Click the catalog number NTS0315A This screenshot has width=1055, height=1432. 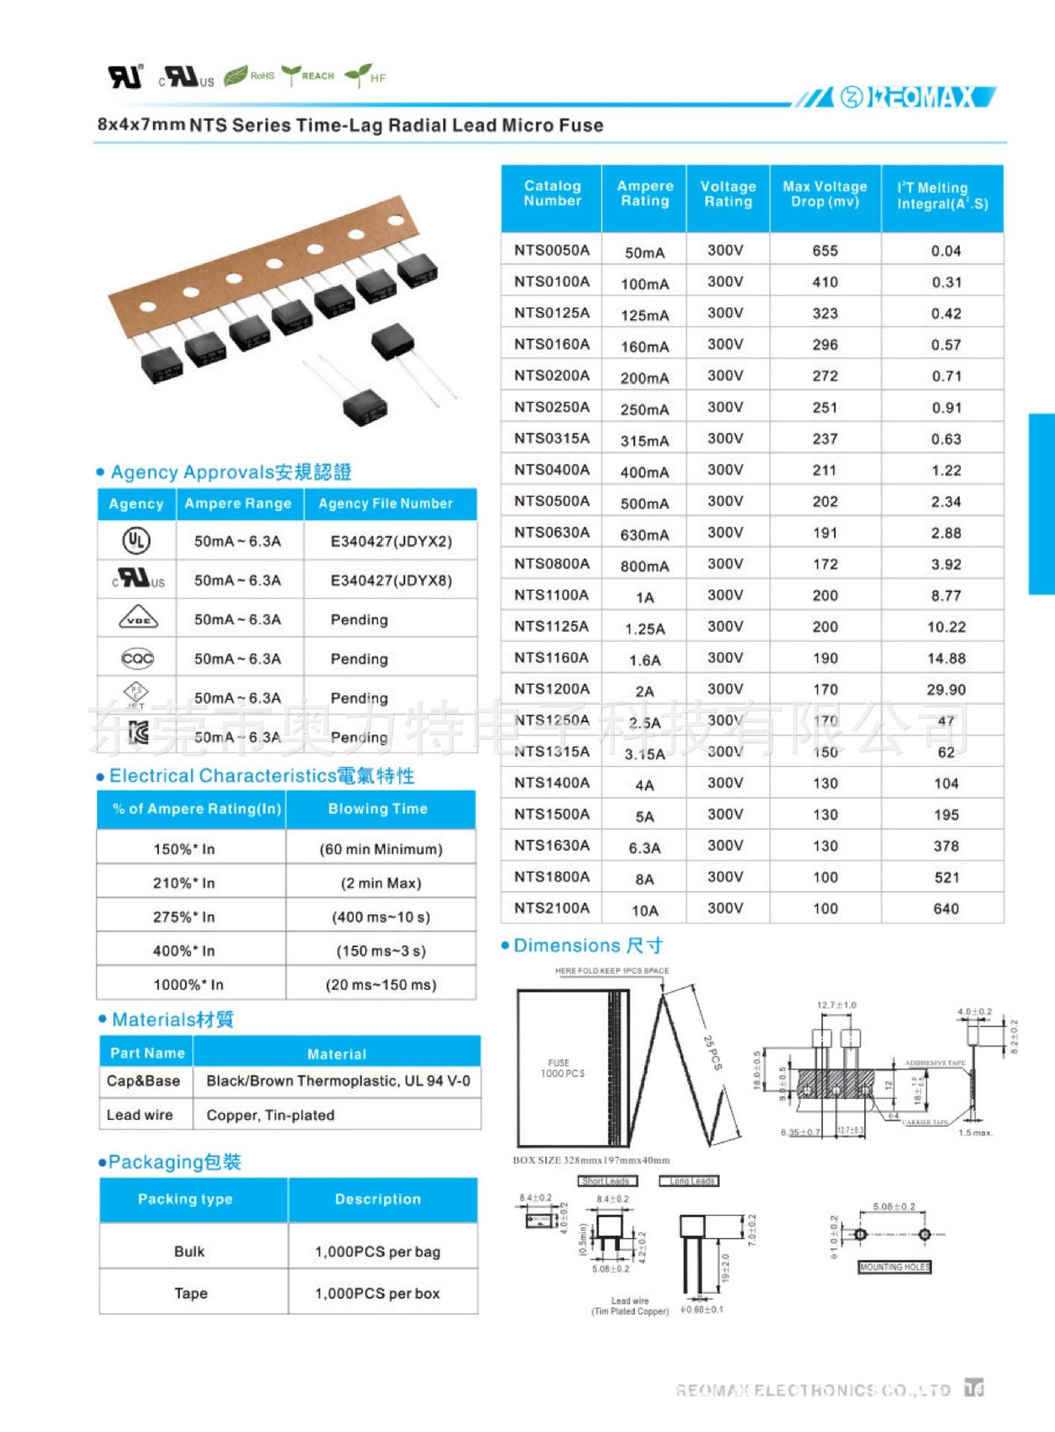coord(551,439)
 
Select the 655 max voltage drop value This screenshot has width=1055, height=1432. coord(824,251)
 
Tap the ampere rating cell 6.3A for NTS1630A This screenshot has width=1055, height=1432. coord(644,847)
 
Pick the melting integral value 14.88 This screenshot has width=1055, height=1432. coord(945,658)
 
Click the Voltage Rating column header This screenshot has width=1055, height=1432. coord(727,194)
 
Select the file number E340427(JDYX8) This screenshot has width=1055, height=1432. coord(391,580)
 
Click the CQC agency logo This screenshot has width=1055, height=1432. coord(137,658)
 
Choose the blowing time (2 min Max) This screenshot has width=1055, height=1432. coord(381,883)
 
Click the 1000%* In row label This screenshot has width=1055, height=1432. coord(188,984)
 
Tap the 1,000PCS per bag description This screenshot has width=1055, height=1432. coord(378,1252)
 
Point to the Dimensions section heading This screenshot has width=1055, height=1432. coord(588,946)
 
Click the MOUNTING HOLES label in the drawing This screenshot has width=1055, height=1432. coord(895,1267)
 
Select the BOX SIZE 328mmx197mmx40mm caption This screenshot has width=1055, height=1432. coord(591,1161)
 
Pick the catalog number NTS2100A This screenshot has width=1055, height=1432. coord(551,908)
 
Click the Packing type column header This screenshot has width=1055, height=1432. coord(185,1199)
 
